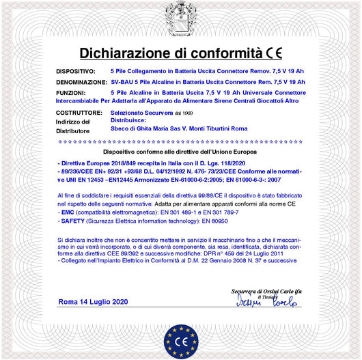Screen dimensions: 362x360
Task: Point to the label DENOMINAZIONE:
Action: tap(81, 81)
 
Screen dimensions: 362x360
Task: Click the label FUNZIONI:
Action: tap(70, 91)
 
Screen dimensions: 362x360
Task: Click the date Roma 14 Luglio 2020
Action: tap(93, 301)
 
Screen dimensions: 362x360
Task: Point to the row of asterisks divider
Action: tap(180, 141)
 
